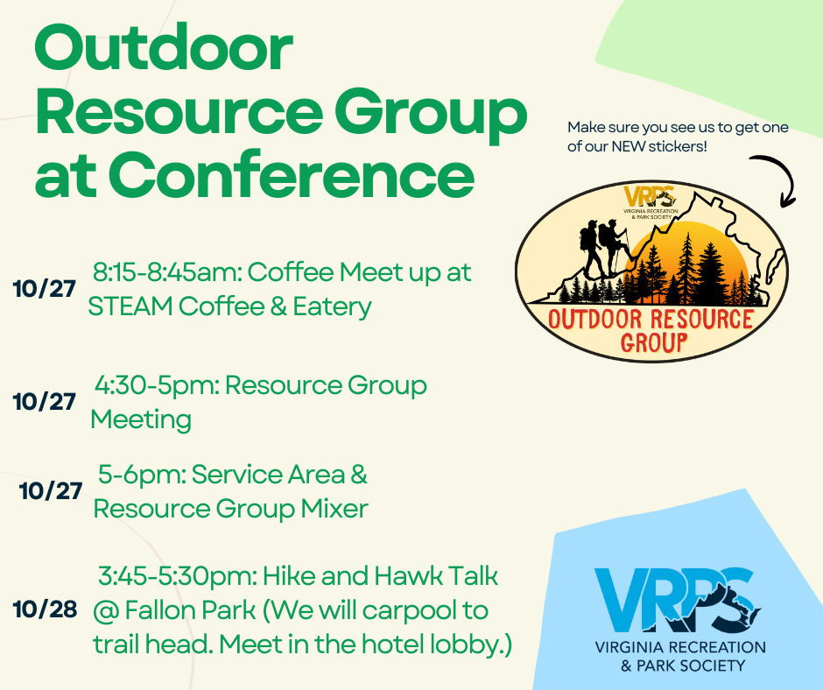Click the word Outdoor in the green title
(163, 48)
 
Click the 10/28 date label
(46, 609)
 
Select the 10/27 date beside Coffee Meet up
(45, 289)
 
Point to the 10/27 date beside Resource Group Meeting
(45, 402)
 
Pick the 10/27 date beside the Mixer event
(51, 491)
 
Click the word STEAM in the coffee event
(130, 306)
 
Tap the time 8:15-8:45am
(167, 272)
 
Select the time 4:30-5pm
(157, 385)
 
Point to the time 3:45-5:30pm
(177, 576)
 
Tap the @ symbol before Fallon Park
(105, 610)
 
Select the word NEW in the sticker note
(629, 146)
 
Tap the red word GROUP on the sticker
(654, 342)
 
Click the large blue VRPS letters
(678, 600)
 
